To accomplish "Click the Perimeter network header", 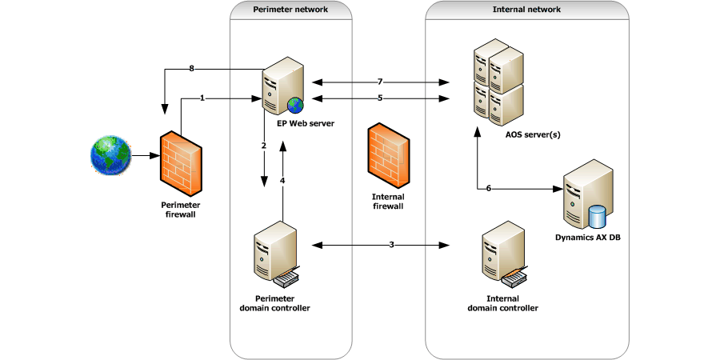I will [290, 10].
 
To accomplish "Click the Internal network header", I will [526, 10].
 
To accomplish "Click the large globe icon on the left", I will [110, 154].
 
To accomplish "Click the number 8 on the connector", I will [192, 70].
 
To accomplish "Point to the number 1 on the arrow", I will [203, 98].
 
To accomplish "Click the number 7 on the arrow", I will [380, 82].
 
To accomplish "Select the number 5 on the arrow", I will [380, 98].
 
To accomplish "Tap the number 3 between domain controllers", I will [391, 244].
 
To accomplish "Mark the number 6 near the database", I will [489, 188].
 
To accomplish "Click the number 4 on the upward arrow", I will [282, 180].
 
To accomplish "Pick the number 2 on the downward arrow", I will [263, 146].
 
